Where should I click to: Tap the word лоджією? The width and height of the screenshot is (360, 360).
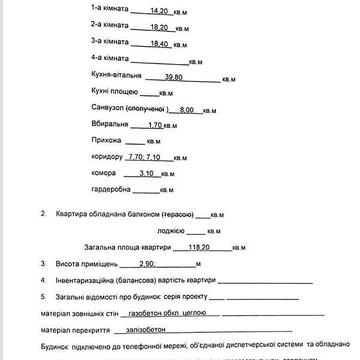198,229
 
